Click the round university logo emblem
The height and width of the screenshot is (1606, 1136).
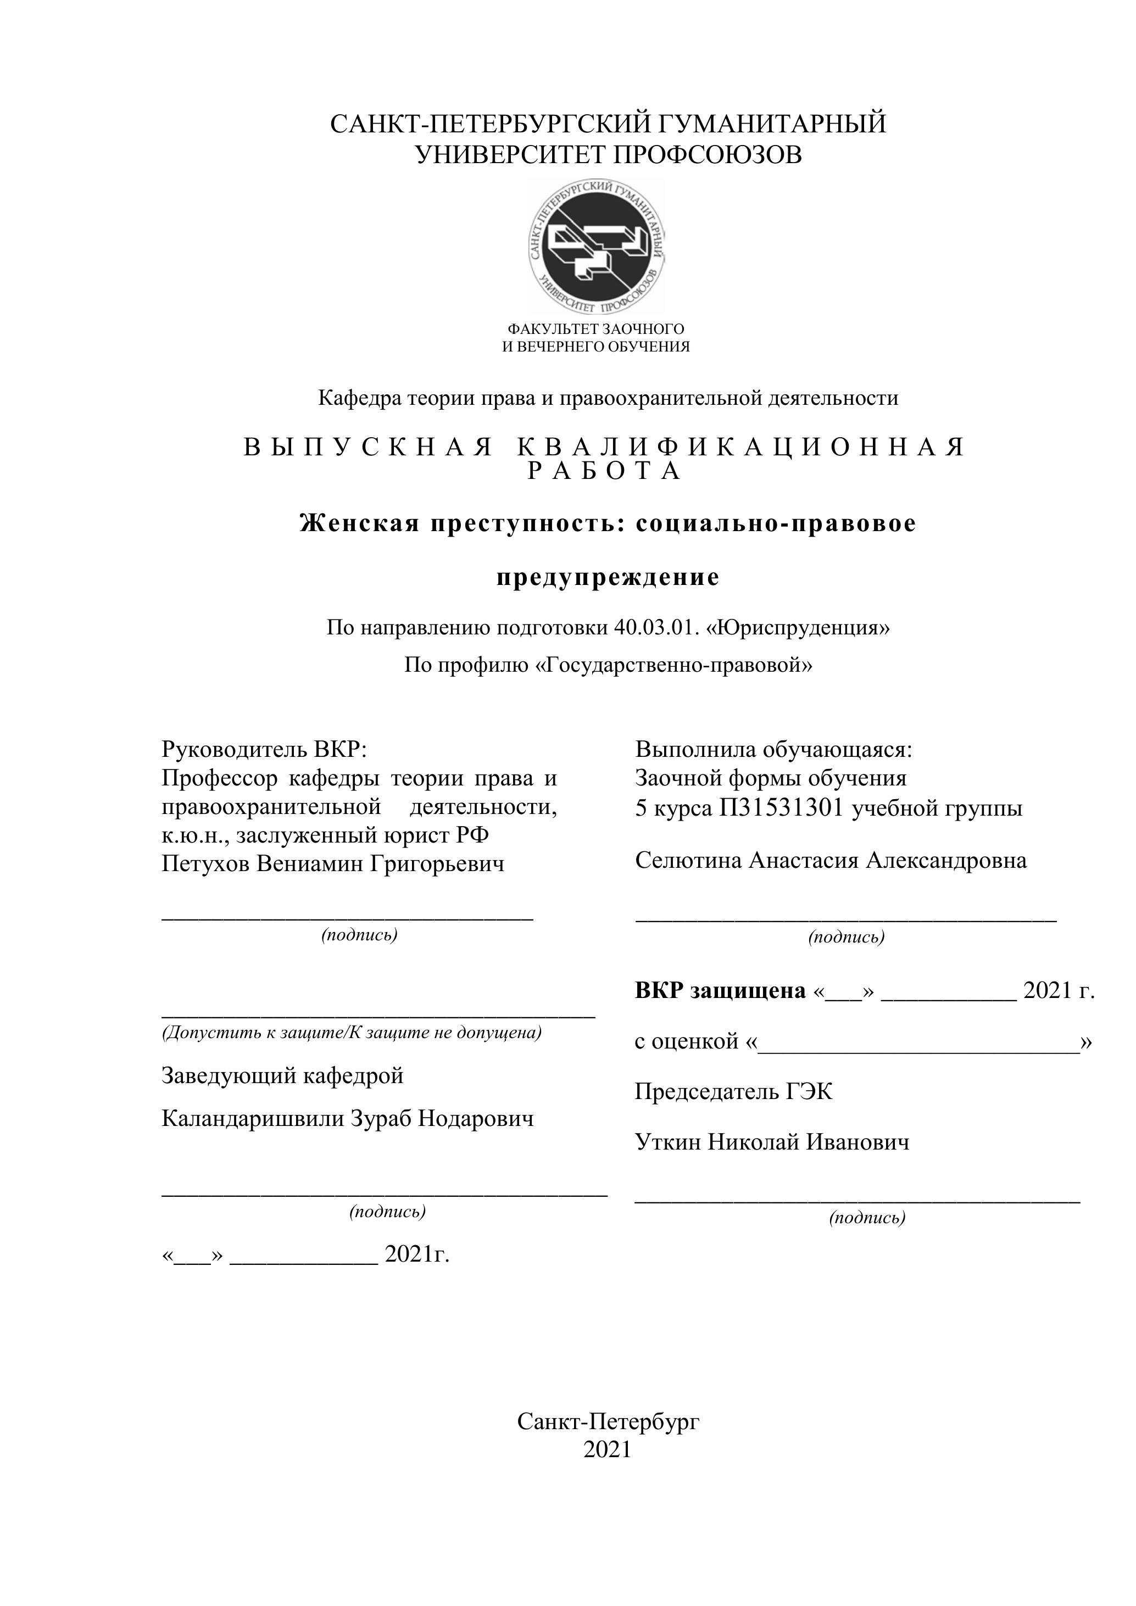[x=596, y=246]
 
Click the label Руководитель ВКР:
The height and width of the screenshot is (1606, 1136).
[x=264, y=750]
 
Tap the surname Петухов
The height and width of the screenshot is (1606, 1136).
[x=205, y=865]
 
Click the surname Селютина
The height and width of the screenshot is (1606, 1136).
[x=688, y=860]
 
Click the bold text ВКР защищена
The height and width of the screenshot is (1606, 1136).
[x=720, y=990]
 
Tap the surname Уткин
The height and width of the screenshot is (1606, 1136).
[x=667, y=1143]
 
